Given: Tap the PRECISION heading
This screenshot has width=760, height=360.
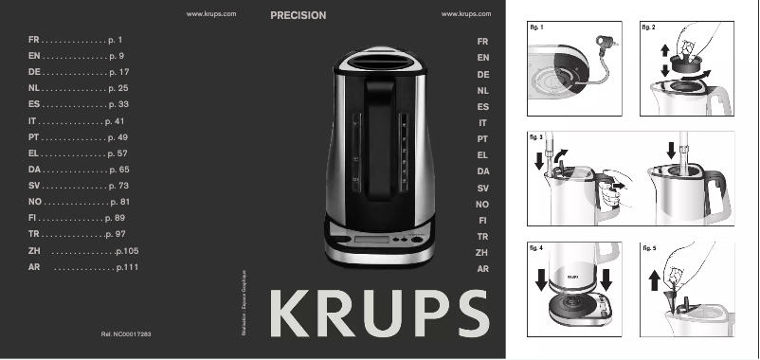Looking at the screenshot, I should (298, 16).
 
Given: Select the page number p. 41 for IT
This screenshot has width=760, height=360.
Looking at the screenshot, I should (116, 122).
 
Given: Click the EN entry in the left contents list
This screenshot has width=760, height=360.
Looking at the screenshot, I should (34, 57).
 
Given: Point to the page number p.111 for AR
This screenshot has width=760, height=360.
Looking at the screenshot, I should (127, 269).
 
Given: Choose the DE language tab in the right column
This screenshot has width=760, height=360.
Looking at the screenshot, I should (483, 74).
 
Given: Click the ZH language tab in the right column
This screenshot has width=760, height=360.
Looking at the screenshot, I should (482, 253).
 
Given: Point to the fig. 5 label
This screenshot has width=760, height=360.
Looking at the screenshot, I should (649, 248).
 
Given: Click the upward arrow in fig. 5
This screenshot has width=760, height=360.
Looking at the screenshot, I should (654, 282).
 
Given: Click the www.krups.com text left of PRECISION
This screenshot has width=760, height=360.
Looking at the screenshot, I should (211, 15).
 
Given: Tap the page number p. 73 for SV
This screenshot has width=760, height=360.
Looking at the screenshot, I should (118, 186).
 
